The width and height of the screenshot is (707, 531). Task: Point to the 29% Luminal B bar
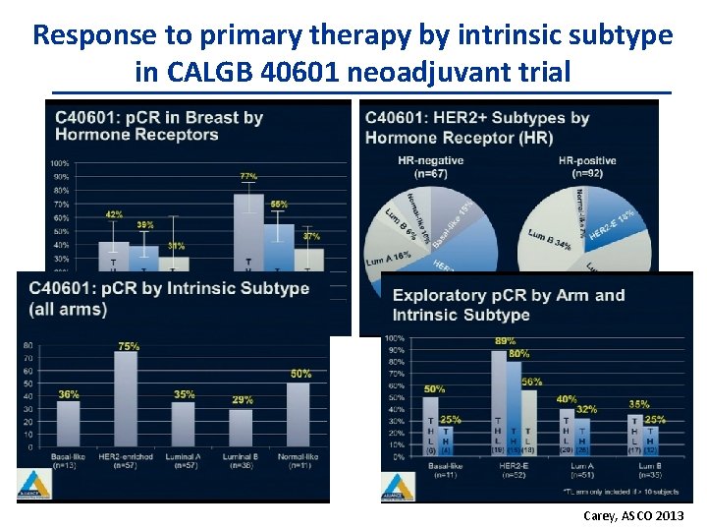pyautogui.click(x=242, y=429)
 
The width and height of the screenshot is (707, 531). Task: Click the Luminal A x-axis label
pyautogui.click(x=184, y=457)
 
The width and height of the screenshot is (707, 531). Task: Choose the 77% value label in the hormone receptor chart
pyautogui.click(x=249, y=176)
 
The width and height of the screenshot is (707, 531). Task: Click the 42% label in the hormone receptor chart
pyautogui.click(x=114, y=213)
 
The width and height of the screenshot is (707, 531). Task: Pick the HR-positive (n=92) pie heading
pyautogui.click(x=587, y=166)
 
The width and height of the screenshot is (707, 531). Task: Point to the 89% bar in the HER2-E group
pyautogui.click(x=498, y=403)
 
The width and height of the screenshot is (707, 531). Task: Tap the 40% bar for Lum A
pyautogui.click(x=566, y=434)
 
